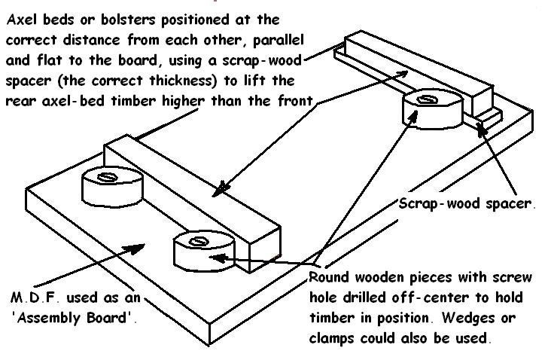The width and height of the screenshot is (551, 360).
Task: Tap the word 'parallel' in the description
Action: (278, 40)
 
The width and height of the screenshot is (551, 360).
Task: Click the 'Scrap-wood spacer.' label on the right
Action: (467, 204)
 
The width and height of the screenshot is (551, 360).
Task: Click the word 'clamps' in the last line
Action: (332, 338)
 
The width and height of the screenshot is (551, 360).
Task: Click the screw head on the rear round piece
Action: (427, 100)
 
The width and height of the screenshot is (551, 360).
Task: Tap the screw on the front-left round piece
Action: (106, 177)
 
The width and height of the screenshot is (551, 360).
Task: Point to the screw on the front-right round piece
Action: (199, 242)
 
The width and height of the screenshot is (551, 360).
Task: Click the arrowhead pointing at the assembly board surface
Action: (135, 248)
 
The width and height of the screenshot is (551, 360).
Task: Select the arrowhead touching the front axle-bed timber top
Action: (221, 188)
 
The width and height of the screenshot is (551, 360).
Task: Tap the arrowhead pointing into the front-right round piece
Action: (218, 258)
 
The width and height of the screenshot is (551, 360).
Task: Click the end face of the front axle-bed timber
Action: (265, 249)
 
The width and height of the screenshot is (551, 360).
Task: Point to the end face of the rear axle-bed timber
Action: (483, 101)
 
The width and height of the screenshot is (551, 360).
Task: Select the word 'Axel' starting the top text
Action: (22, 20)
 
